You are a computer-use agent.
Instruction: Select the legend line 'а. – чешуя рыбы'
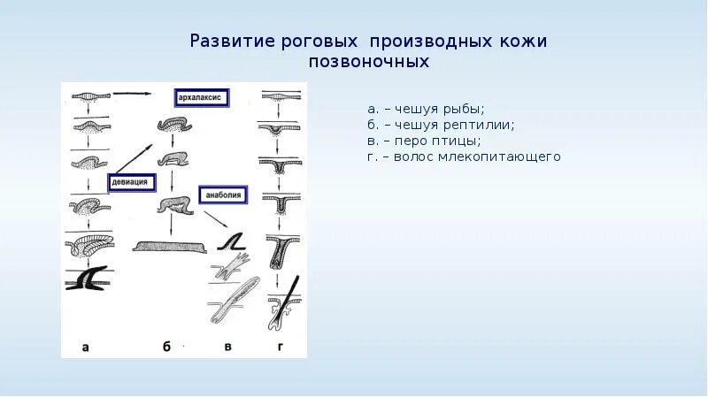tap(426, 109)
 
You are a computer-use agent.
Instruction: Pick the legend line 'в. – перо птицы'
tap(424, 141)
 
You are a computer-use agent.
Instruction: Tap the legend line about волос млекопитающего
tap(465, 157)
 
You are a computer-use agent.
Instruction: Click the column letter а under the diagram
tap(85, 347)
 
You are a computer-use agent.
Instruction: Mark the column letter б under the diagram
tap(166, 347)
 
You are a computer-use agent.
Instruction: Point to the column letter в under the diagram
tap(227, 347)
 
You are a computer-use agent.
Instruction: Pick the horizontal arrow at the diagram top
tap(133, 93)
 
